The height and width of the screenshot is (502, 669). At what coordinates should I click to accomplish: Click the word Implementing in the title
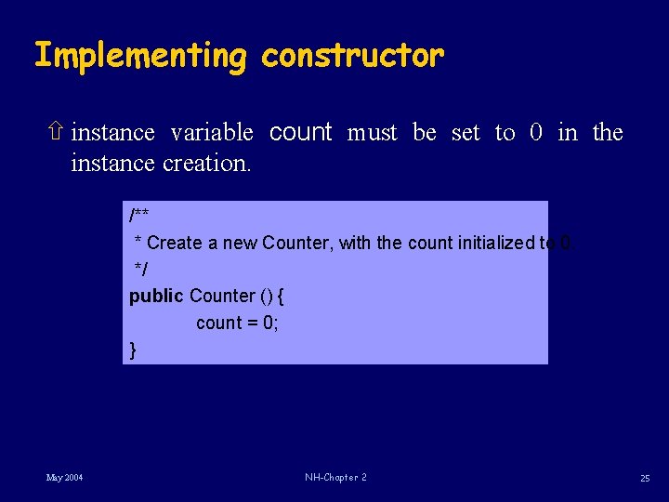pyautogui.click(x=140, y=57)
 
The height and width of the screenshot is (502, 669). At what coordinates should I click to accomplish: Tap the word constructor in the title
pyautogui.click(x=352, y=57)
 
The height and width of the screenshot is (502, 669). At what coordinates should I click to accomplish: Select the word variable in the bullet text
pyautogui.click(x=212, y=133)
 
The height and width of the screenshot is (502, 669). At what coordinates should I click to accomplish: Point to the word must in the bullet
pyautogui.click(x=372, y=133)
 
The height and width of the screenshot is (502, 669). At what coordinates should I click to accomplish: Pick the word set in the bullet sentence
pyautogui.click(x=466, y=133)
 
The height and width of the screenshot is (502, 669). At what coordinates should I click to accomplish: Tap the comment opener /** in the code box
pyautogui.click(x=139, y=217)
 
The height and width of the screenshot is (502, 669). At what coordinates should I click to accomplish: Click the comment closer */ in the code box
pyautogui.click(x=141, y=269)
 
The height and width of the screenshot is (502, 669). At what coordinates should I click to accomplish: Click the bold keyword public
pyautogui.click(x=156, y=297)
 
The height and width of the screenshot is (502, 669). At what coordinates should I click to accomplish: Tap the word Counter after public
pyautogui.click(x=222, y=297)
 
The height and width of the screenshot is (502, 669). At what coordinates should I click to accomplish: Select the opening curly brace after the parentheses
pyautogui.click(x=282, y=297)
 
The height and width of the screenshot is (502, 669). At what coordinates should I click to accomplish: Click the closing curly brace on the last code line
pyautogui.click(x=133, y=350)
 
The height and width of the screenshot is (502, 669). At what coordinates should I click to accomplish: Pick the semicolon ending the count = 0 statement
pyautogui.click(x=276, y=324)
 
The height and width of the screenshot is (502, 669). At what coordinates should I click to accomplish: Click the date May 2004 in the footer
pyautogui.click(x=64, y=478)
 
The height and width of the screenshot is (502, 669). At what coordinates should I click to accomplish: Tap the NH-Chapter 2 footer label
pyautogui.click(x=335, y=478)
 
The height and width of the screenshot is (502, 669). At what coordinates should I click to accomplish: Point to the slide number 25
pyautogui.click(x=644, y=478)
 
